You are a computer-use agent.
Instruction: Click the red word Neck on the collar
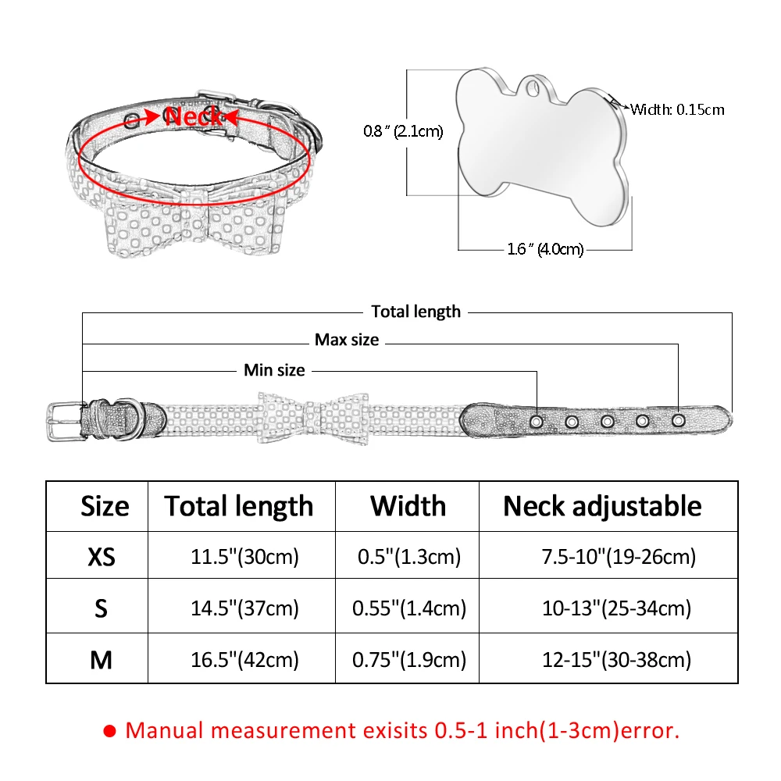click(x=193, y=116)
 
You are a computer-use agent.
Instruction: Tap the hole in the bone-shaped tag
click(x=533, y=88)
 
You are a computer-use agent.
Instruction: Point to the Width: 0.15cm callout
click(x=677, y=109)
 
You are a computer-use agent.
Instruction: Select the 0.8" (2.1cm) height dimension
click(x=403, y=131)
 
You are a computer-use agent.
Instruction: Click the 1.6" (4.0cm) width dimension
click(x=545, y=249)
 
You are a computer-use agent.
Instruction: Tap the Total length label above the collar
click(x=416, y=312)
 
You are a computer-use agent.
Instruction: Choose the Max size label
click(x=347, y=340)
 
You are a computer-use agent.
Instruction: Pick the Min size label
click(x=274, y=370)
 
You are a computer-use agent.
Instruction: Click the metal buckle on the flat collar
click(x=66, y=422)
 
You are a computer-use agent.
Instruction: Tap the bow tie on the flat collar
click(x=313, y=418)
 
